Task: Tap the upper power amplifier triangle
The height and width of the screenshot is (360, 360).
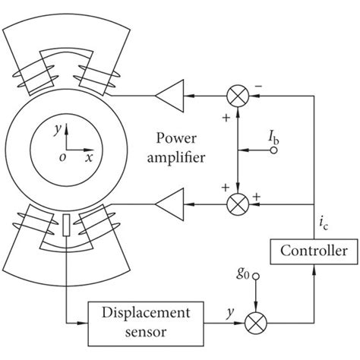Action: pyautogui.click(x=165, y=96)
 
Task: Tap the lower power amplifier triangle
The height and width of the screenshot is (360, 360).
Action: pyautogui.click(x=165, y=204)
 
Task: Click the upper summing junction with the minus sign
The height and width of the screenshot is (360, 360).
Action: pyautogui.click(x=238, y=96)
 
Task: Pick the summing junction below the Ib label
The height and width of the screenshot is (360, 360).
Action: pyautogui.click(x=238, y=204)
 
